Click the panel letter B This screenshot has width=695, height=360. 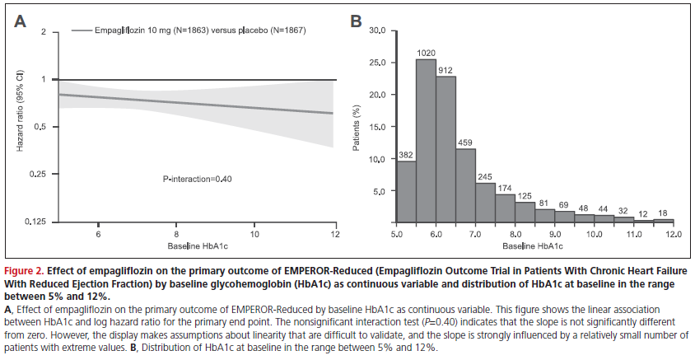(x=357, y=22)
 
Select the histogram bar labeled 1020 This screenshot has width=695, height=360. (x=427, y=140)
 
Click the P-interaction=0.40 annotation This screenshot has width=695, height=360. (x=196, y=177)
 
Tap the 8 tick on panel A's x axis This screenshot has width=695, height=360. (x=177, y=233)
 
